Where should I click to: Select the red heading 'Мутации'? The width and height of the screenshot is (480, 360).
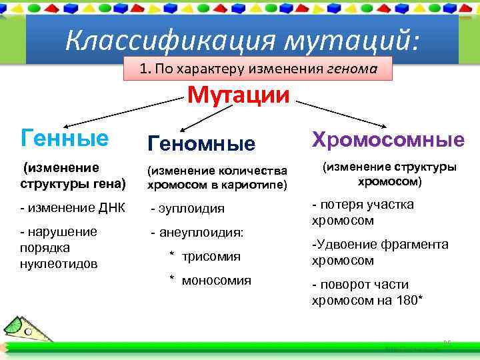point(239,95)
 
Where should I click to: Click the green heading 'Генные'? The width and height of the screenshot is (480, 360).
point(65,138)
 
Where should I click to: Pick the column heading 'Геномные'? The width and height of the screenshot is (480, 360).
point(201,143)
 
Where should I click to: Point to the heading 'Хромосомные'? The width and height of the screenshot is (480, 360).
point(389,139)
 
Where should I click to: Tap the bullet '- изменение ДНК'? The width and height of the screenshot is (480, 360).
point(73,207)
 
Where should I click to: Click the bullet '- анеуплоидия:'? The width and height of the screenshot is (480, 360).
point(197,233)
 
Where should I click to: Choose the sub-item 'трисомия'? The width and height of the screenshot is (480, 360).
point(211,256)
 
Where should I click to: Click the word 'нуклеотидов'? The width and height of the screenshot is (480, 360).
point(59,263)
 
